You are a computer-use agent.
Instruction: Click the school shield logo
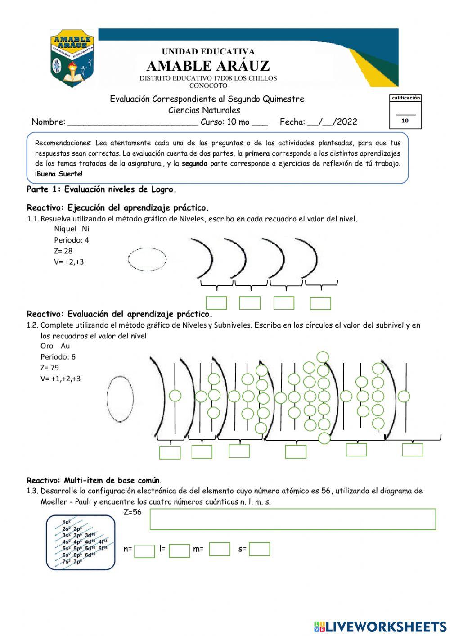72,59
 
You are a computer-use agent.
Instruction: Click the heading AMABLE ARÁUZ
208,66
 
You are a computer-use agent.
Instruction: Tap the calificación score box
405,112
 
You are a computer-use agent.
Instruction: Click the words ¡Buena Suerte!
58,174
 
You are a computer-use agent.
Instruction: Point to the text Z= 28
63,251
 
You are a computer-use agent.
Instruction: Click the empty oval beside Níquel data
147,260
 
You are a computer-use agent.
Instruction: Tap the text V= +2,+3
68,262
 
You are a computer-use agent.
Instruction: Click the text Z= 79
49,368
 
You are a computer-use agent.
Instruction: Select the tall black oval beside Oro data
120,398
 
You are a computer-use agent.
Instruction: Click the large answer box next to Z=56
292,519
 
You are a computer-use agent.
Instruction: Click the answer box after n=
144,551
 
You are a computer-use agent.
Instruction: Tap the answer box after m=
220,550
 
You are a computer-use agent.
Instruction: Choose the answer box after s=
259,550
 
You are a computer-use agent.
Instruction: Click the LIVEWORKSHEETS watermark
380,626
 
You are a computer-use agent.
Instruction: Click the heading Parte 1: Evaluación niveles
101,189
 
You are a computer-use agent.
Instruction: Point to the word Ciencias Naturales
204,110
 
